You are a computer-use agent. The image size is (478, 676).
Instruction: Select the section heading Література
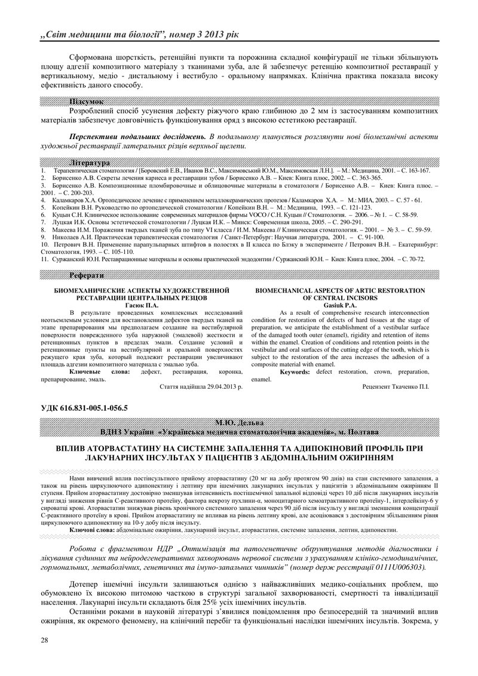90,162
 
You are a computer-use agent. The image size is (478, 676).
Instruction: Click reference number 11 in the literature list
44,259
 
